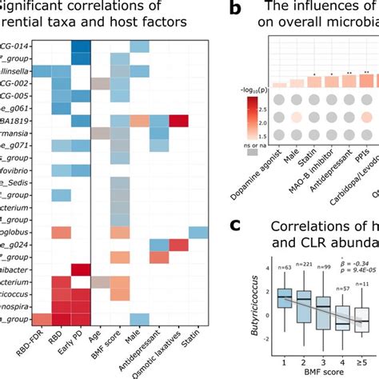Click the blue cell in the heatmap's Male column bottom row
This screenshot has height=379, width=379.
pos(138,297)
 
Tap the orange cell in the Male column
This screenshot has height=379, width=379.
pos(138,121)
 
